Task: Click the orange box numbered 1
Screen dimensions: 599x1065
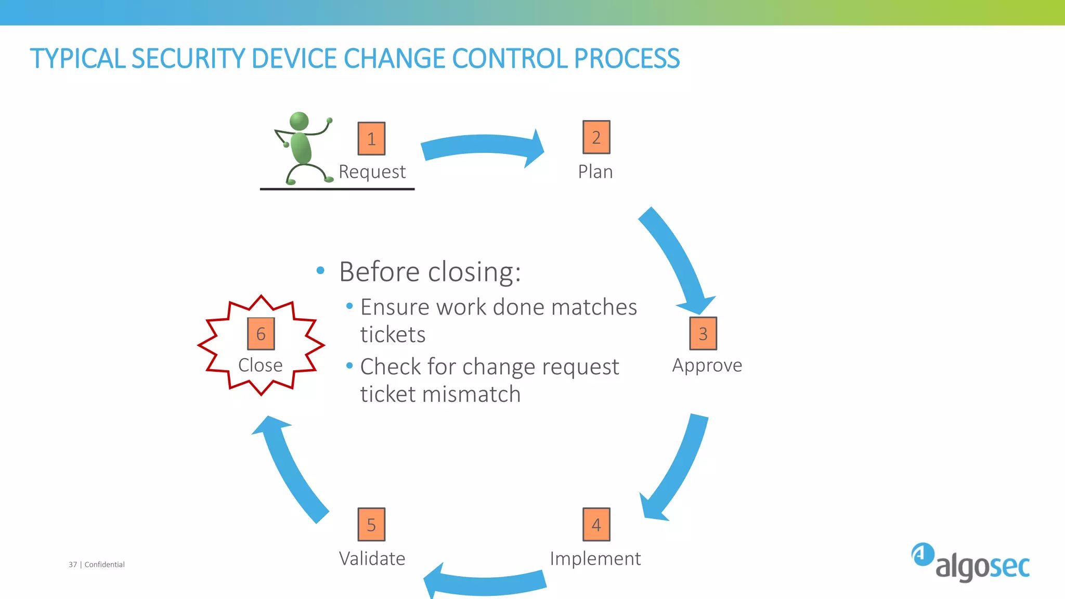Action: pos(371,139)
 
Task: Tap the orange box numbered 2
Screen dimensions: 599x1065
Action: pos(596,137)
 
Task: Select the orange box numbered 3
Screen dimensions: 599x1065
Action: pos(703,333)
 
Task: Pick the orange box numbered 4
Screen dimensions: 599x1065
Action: pos(596,525)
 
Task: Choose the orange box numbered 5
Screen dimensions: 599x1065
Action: pos(371,525)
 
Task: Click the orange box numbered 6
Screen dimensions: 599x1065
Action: pos(261,334)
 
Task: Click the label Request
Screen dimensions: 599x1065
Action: pos(372,172)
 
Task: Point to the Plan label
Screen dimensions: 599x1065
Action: pos(595,172)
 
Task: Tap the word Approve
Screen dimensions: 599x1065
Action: pos(707,365)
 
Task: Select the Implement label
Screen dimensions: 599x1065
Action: pos(595,558)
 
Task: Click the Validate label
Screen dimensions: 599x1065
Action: pos(372,558)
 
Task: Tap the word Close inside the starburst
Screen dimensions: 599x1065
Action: pos(260,365)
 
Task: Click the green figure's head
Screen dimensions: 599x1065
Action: pos(299,121)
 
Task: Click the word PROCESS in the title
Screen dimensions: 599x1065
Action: pos(627,58)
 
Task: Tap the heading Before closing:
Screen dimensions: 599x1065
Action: pos(430,271)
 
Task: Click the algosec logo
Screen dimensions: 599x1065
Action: pos(970,563)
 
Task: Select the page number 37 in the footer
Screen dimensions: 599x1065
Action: pos(73,565)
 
